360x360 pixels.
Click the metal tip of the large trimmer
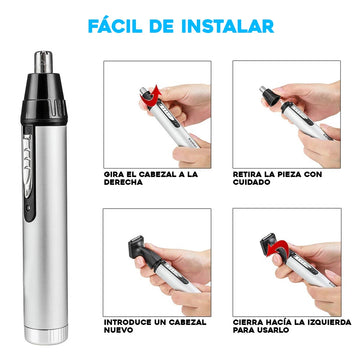point(44,62)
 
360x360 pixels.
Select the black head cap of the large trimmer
point(44,98)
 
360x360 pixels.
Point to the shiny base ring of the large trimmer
point(46,335)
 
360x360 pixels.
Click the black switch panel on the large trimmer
point(29,173)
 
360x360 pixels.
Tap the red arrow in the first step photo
point(153,96)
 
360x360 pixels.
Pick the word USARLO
point(275,330)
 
